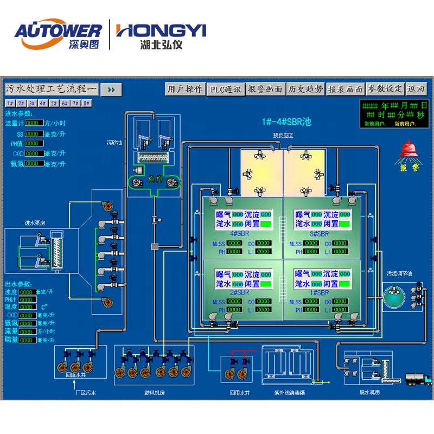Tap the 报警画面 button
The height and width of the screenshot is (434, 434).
(x=265, y=90)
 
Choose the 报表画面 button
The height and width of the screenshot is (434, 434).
(x=345, y=90)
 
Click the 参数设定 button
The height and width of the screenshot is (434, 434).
(x=385, y=90)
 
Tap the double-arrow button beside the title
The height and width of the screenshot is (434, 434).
(x=111, y=90)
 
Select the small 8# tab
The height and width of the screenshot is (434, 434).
(x=87, y=103)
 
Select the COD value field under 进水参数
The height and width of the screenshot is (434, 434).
(x=34, y=153)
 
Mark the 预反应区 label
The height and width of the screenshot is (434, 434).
(x=283, y=136)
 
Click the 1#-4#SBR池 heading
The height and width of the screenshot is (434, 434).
(x=283, y=122)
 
